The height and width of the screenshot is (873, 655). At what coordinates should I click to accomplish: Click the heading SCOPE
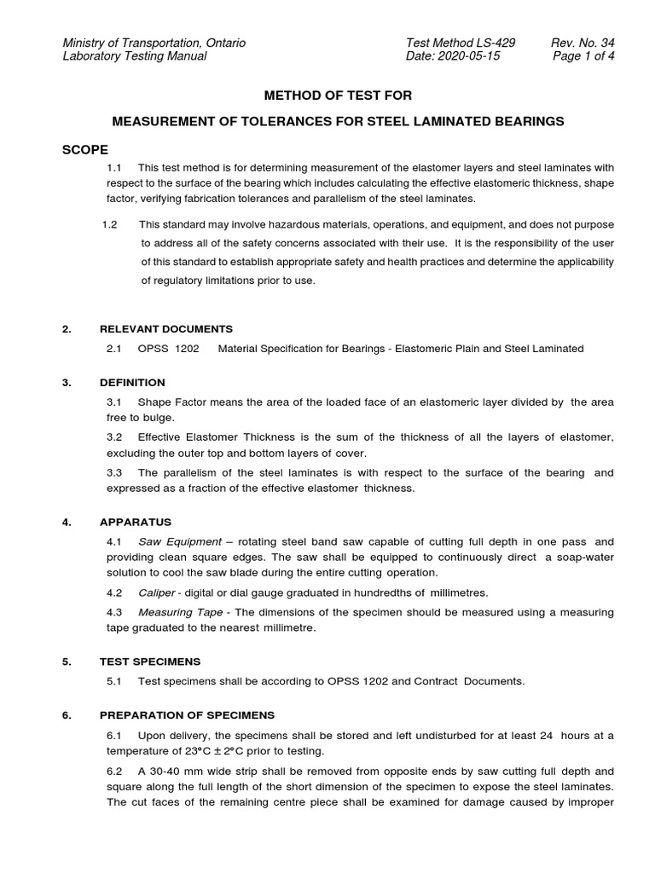85,150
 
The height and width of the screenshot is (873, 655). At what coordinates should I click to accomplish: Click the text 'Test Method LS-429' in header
461,43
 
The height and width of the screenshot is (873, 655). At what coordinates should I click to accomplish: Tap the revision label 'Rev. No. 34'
584,43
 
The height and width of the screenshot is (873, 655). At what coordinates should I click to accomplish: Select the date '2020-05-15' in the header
479,57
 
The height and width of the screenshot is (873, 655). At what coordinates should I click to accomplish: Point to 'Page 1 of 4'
583,57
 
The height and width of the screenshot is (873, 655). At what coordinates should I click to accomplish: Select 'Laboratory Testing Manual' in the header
134,57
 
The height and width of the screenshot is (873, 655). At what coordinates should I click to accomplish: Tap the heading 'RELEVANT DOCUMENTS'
166,328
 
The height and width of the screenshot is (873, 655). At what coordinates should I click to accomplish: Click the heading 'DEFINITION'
132,382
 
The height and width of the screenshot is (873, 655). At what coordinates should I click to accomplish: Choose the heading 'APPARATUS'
136,522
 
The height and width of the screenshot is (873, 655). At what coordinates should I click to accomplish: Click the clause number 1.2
109,224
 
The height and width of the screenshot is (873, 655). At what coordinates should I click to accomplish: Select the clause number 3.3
115,472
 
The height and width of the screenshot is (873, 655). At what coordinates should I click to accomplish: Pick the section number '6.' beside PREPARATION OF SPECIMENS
67,715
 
